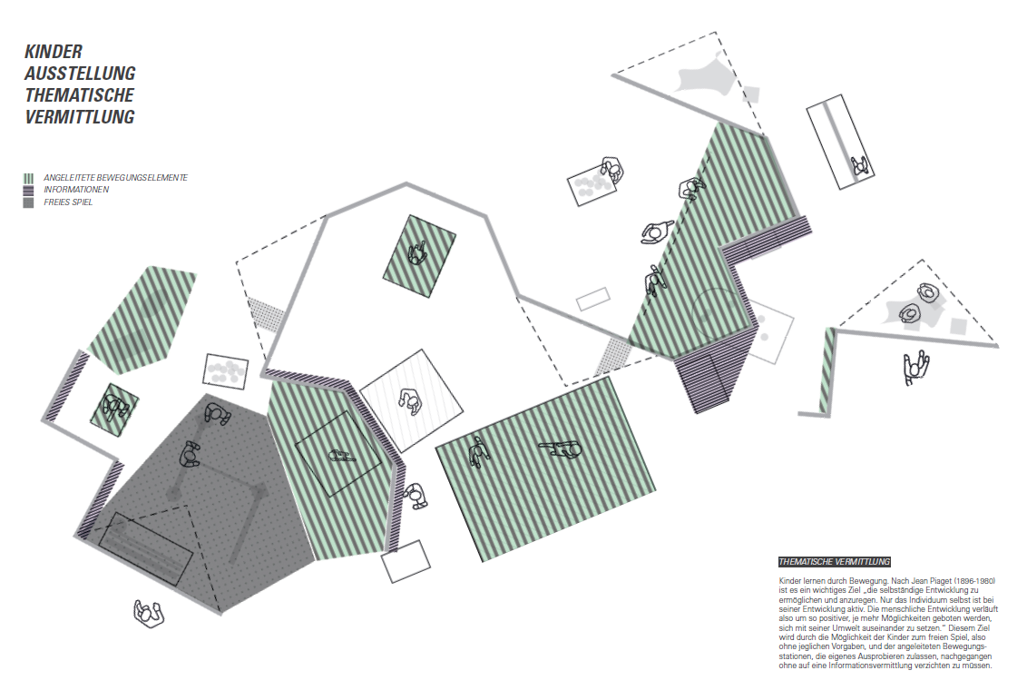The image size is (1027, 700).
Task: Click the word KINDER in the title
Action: tap(54, 52)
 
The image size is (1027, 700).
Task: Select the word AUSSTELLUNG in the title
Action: tap(80, 74)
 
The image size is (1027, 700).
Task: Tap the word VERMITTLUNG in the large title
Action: tap(80, 116)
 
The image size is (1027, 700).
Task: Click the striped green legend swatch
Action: tap(28, 178)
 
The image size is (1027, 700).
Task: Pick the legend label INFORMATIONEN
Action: tap(76, 190)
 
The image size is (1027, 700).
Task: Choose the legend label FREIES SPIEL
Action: tap(68, 202)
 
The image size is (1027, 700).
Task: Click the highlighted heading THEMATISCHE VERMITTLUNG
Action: tap(835, 562)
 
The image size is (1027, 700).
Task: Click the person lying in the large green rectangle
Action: tap(561, 449)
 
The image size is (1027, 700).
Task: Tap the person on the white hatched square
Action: tap(411, 401)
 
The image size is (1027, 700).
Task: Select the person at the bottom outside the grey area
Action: tap(149, 614)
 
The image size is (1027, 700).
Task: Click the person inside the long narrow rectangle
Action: tap(859, 166)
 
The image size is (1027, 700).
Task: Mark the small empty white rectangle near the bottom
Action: tap(406, 561)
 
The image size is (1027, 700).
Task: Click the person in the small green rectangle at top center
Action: tap(417, 252)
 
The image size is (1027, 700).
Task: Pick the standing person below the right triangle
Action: tap(916, 368)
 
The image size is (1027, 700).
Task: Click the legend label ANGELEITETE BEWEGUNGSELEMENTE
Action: tap(116, 178)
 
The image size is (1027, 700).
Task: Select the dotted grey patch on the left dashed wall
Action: tap(267, 314)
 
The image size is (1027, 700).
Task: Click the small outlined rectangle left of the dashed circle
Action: tap(593, 300)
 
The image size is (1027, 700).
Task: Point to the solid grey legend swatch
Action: tap(28, 202)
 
